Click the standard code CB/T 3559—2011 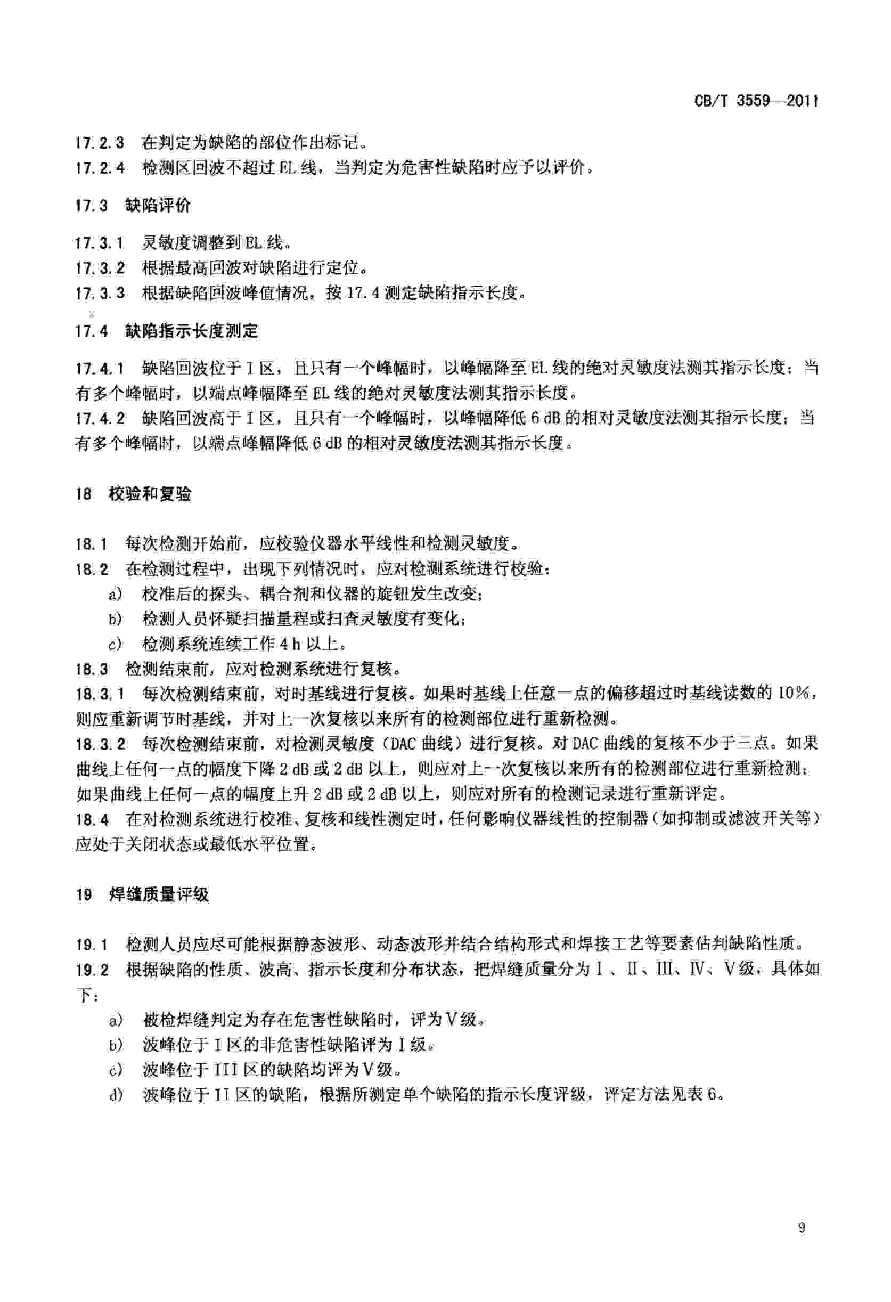pyautogui.click(x=756, y=101)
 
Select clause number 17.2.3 pyautogui.click(x=100, y=143)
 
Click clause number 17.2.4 pyautogui.click(x=100, y=167)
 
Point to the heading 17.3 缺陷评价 pyautogui.click(x=133, y=206)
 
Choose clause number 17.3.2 pyautogui.click(x=100, y=268)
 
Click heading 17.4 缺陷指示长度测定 pyautogui.click(x=167, y=331)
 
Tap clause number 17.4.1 pyautogui.click(x=100, y=369)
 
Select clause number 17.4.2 pyautogui.click(x=100, y=419)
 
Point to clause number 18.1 pyautogui.click(x=91, y=543)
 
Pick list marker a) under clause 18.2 pyautogui.click(x=116, y=594)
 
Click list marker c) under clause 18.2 pyautogui.click(x=116, y=644)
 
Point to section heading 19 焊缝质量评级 pyautogui.click(x=142, y=894)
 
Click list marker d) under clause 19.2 pyautogui.click(x=116, y=1095)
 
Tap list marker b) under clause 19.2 pyautogui.click(x=116, y=1045)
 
